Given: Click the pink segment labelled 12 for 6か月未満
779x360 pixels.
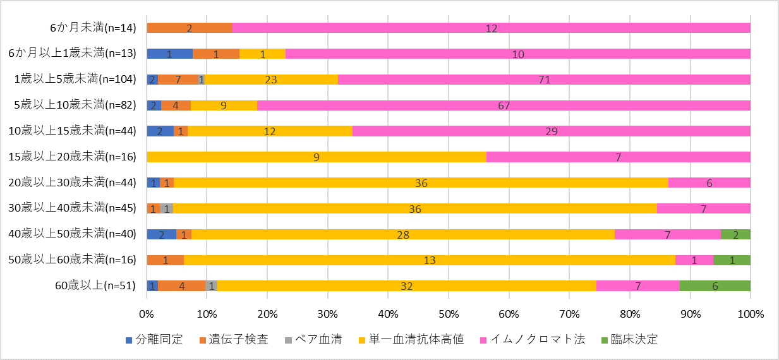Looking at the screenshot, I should (x=492, y=28).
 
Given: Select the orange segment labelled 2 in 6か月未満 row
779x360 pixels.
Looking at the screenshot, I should (x=190, y=28).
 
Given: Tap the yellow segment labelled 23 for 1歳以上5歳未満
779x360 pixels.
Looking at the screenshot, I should (x=272, y=80).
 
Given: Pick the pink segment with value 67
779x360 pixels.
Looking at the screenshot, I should (x=504, y=105).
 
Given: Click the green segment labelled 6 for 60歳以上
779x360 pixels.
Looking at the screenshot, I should (x=715, y=285).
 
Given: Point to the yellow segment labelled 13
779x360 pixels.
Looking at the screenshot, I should (x=430, y=260).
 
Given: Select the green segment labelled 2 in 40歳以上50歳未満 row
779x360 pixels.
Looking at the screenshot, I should (x=735, y=234).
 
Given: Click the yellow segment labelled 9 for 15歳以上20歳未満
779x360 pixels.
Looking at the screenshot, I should (x=316, y=157).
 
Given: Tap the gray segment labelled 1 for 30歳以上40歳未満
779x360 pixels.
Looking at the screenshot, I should (x=167, y=208).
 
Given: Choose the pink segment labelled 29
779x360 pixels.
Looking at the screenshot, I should (x=551, y=131).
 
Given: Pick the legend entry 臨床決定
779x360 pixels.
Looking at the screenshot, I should (x=634, y=339).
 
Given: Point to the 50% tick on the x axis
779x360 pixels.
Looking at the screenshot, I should (x=448, y=314).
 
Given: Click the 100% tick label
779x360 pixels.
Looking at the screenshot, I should (x=750, y=314).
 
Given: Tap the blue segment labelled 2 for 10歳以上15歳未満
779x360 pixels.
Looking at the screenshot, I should (x=160, y=131).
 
